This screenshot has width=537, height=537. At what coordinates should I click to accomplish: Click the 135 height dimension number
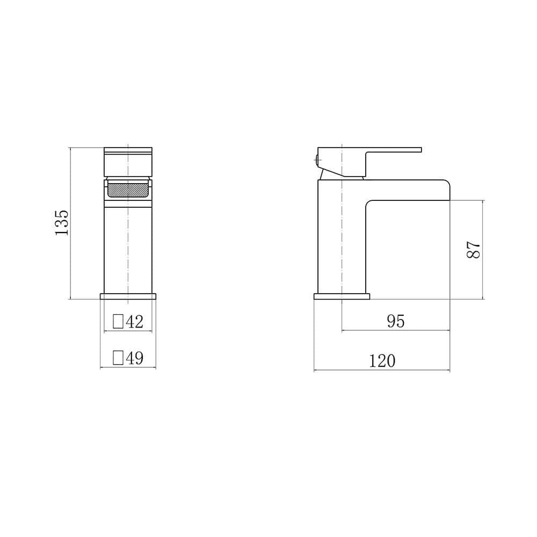click(62, 222)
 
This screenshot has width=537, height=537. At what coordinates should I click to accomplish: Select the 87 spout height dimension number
click(473, 249)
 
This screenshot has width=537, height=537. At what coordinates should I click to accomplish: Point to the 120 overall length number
click(382, 361)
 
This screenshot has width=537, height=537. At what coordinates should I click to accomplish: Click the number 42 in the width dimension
click(134, 322)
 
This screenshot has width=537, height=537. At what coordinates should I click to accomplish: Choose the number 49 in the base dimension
click(134, 358)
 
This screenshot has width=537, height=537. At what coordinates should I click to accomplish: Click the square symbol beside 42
click(118, 322)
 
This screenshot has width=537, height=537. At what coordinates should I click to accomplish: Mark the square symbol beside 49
click(118, 358)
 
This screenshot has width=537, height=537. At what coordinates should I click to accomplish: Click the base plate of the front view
click(128, 296)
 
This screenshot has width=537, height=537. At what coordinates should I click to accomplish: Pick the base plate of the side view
click(342, 296)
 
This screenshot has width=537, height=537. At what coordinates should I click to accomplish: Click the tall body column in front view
click(128, 247)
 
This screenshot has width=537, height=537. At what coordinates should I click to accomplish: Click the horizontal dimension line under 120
click(382, 371)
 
